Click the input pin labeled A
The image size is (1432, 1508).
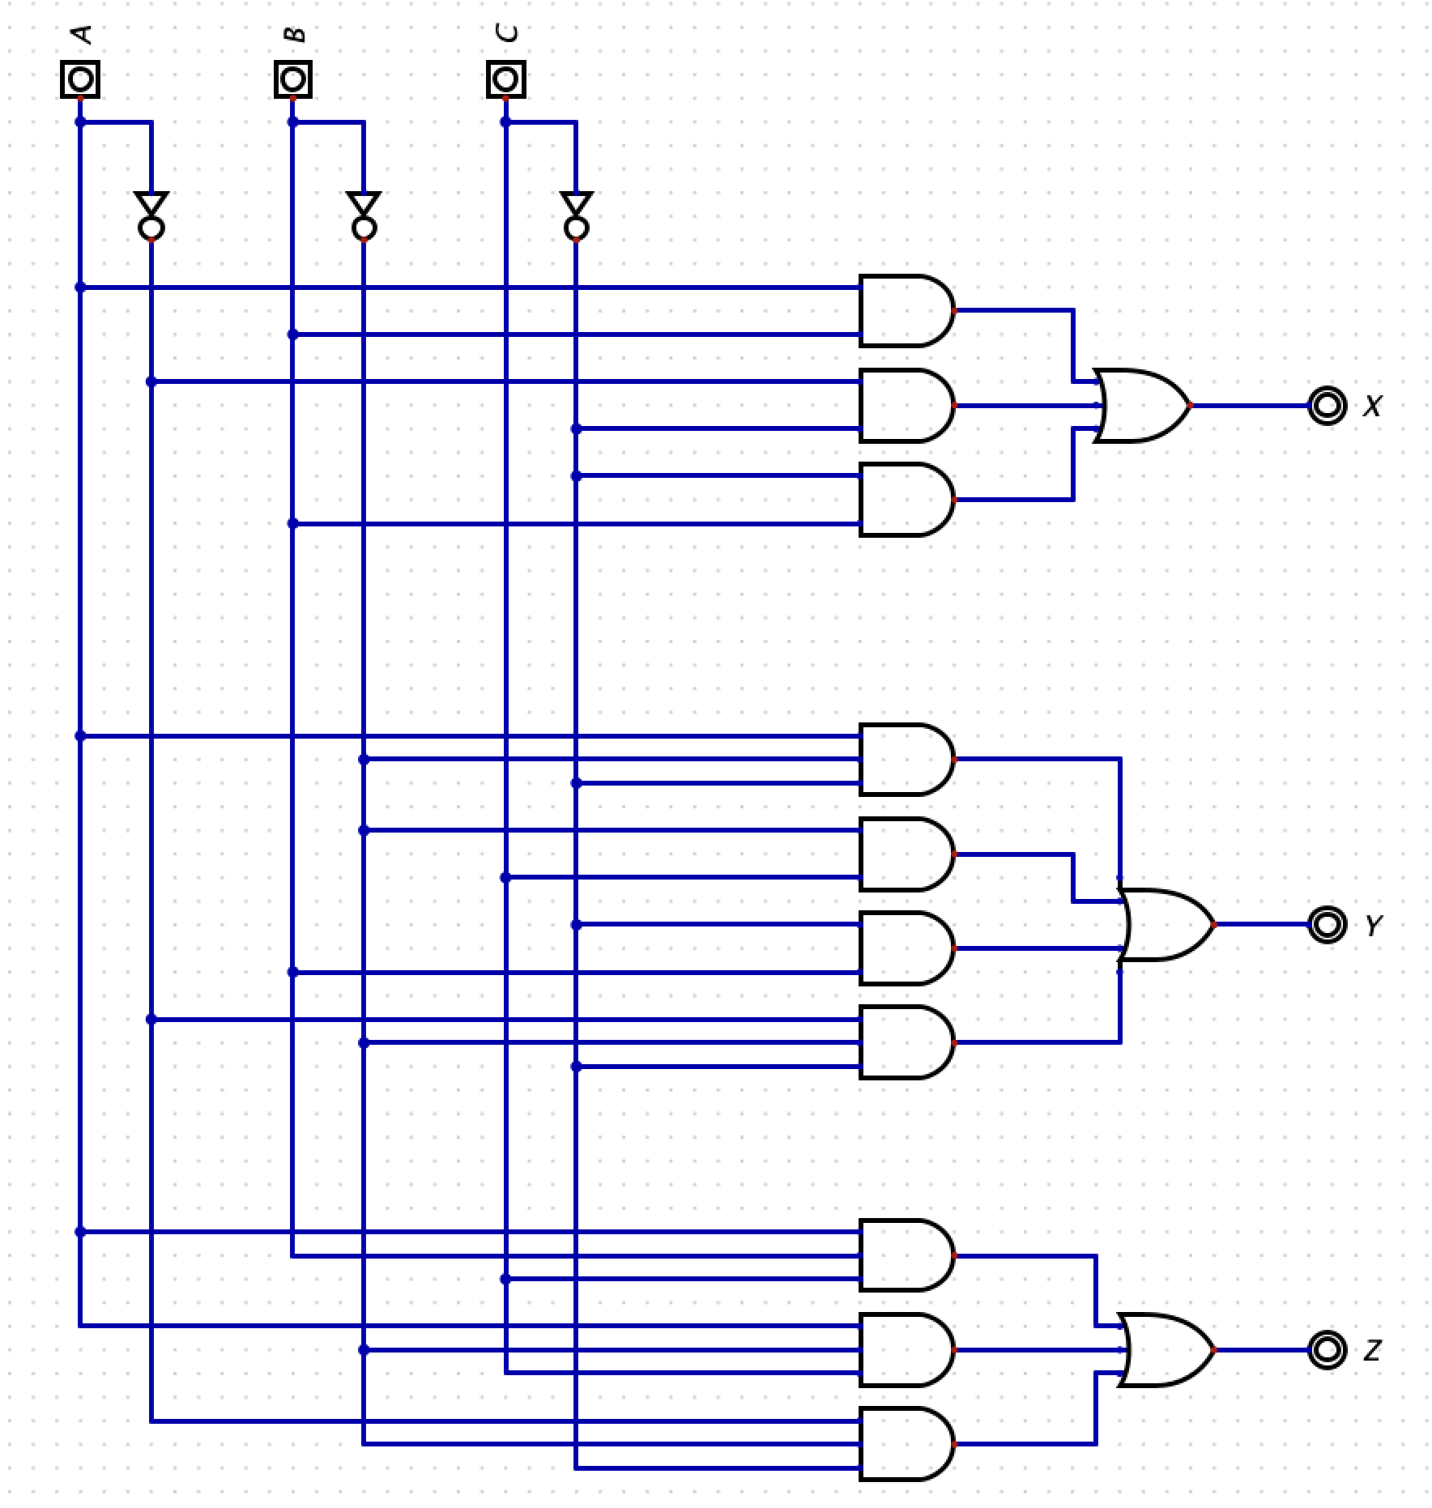pos(80,79)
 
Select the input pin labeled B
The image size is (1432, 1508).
pos(292,79)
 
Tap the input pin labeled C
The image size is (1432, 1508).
pos(505,79)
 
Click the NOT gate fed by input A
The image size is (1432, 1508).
pos(151,215)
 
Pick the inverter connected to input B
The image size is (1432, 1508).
pos(364,215)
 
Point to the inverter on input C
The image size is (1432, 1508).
pos(576,215)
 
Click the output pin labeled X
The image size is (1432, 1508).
pos(1326,406)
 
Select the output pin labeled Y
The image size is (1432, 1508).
pos(1326,924)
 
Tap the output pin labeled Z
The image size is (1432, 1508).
pos(1326,1350)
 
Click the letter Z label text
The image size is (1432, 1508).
pos(1372,1350)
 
